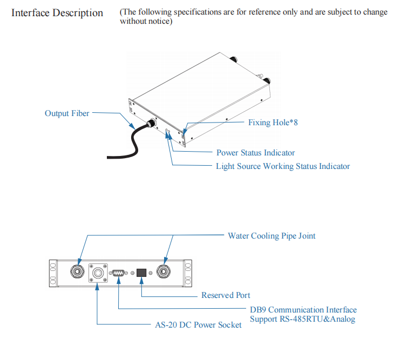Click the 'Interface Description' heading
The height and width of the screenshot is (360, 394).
(x=57, y=12)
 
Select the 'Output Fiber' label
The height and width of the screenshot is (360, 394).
(x=67, y=113)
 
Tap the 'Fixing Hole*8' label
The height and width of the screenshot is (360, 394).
(x=273, y=123)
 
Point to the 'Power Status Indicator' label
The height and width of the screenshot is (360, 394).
(x=255, y=153)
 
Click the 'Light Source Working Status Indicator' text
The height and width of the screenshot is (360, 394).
(x=282, y=166)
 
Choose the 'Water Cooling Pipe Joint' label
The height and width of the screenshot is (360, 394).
(x=271, y=236)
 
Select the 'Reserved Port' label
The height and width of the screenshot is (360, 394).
(x=226, y=295)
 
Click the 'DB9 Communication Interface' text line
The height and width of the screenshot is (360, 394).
(x=303, y=310)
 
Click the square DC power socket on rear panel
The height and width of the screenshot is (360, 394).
(x=97, y=273)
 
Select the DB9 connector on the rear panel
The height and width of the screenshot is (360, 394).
(x=118, y=273)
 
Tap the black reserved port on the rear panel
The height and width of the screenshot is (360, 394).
(x=141, y=273)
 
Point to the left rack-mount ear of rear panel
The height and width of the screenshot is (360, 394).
(x=53, y=272)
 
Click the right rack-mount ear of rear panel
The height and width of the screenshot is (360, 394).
(x=188, y=272)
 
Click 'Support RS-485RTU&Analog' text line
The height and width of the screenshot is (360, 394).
(x=302, y=320)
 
